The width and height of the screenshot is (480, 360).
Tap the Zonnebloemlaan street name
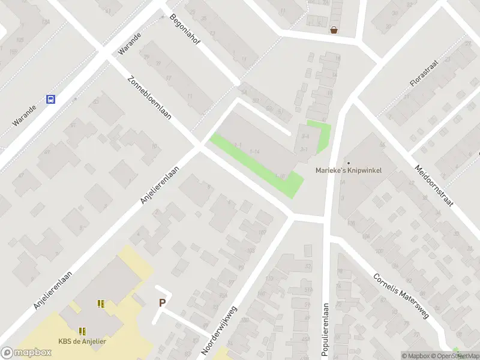point(149,98)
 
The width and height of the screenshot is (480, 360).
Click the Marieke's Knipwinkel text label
point(349,170)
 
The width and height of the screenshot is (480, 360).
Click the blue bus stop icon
point(51,100)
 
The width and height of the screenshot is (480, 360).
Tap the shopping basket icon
point(334,29)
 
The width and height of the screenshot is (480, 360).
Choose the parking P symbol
point(162,303)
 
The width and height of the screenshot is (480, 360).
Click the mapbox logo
point(26,353)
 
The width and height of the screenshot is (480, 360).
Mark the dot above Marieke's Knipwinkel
point(349,163)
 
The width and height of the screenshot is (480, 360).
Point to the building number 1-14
point(254,151)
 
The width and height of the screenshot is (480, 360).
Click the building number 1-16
point(279,176)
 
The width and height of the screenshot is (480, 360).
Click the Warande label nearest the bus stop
point(25,116)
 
